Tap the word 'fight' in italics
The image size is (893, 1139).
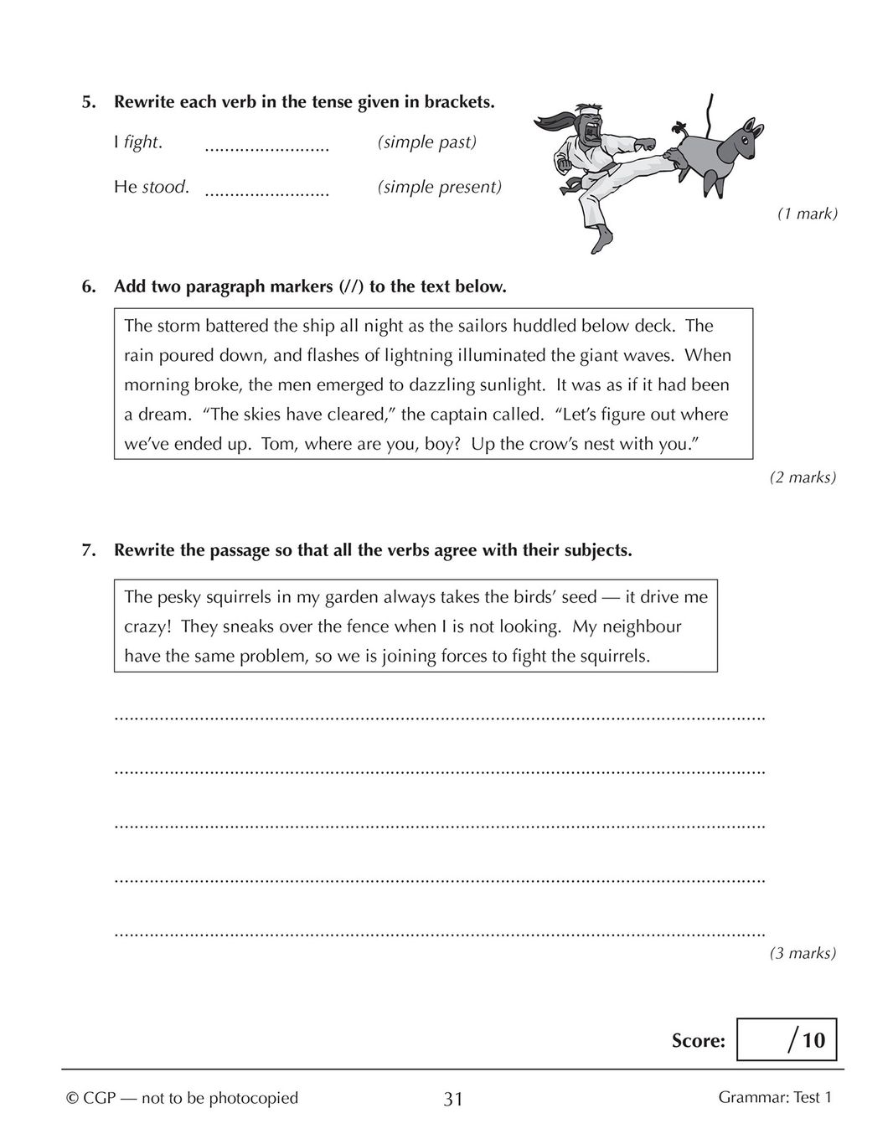point(142,142)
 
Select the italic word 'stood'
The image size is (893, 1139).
point(164,187)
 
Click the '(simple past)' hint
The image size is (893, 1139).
point(426,142)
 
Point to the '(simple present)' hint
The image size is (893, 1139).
point(439,187)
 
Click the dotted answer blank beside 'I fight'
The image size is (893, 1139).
point(266,148)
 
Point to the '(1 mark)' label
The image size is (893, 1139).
point(807,214)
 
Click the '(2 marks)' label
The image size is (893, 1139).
point(803,477)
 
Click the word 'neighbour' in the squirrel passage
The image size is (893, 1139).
point(642,626)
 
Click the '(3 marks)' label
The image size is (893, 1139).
point(803,953)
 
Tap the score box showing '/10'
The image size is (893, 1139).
point(786,1040)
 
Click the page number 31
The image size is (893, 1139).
point(452,1099)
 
